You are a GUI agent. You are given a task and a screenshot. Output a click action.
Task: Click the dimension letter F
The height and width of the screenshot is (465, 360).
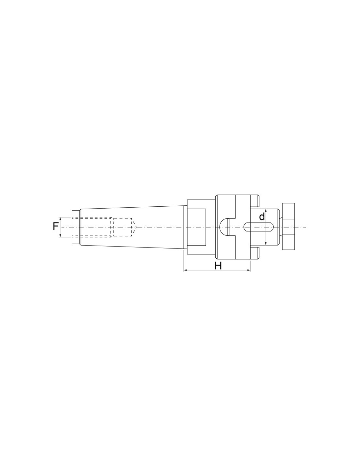[56, 227]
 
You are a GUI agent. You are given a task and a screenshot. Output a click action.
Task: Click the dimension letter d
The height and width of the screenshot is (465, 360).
[262, 217]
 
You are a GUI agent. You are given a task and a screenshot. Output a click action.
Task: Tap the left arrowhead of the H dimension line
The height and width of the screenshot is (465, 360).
[185, 271]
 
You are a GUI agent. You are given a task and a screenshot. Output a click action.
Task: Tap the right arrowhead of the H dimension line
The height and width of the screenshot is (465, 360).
[249, 271]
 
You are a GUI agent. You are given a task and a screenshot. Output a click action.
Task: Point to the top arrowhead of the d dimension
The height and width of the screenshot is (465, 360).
[266, 211]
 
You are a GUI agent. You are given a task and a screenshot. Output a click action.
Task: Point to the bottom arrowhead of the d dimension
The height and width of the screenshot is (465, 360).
[266, 244]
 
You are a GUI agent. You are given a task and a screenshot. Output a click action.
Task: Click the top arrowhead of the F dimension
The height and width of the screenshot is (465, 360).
[61, 219]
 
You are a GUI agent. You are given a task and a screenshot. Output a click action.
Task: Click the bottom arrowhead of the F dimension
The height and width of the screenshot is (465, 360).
[61, 235]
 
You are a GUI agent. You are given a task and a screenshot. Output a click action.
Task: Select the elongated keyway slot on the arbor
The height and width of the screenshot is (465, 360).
[259, 227]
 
